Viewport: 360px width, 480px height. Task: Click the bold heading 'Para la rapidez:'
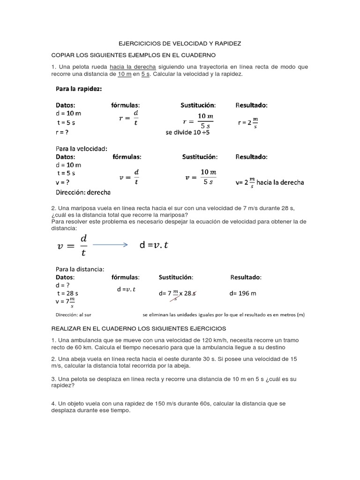point(79,89)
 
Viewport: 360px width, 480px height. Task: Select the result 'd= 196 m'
point(243,293)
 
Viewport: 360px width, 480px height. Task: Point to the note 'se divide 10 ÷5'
point(187,133)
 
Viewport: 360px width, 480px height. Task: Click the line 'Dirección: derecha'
point(83,192)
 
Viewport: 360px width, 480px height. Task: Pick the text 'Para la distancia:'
point(80,269)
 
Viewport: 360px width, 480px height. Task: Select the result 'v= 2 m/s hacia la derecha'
point(270,182)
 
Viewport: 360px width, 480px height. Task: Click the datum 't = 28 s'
point(67,293)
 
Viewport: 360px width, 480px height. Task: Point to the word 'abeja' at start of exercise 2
point(74,359)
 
